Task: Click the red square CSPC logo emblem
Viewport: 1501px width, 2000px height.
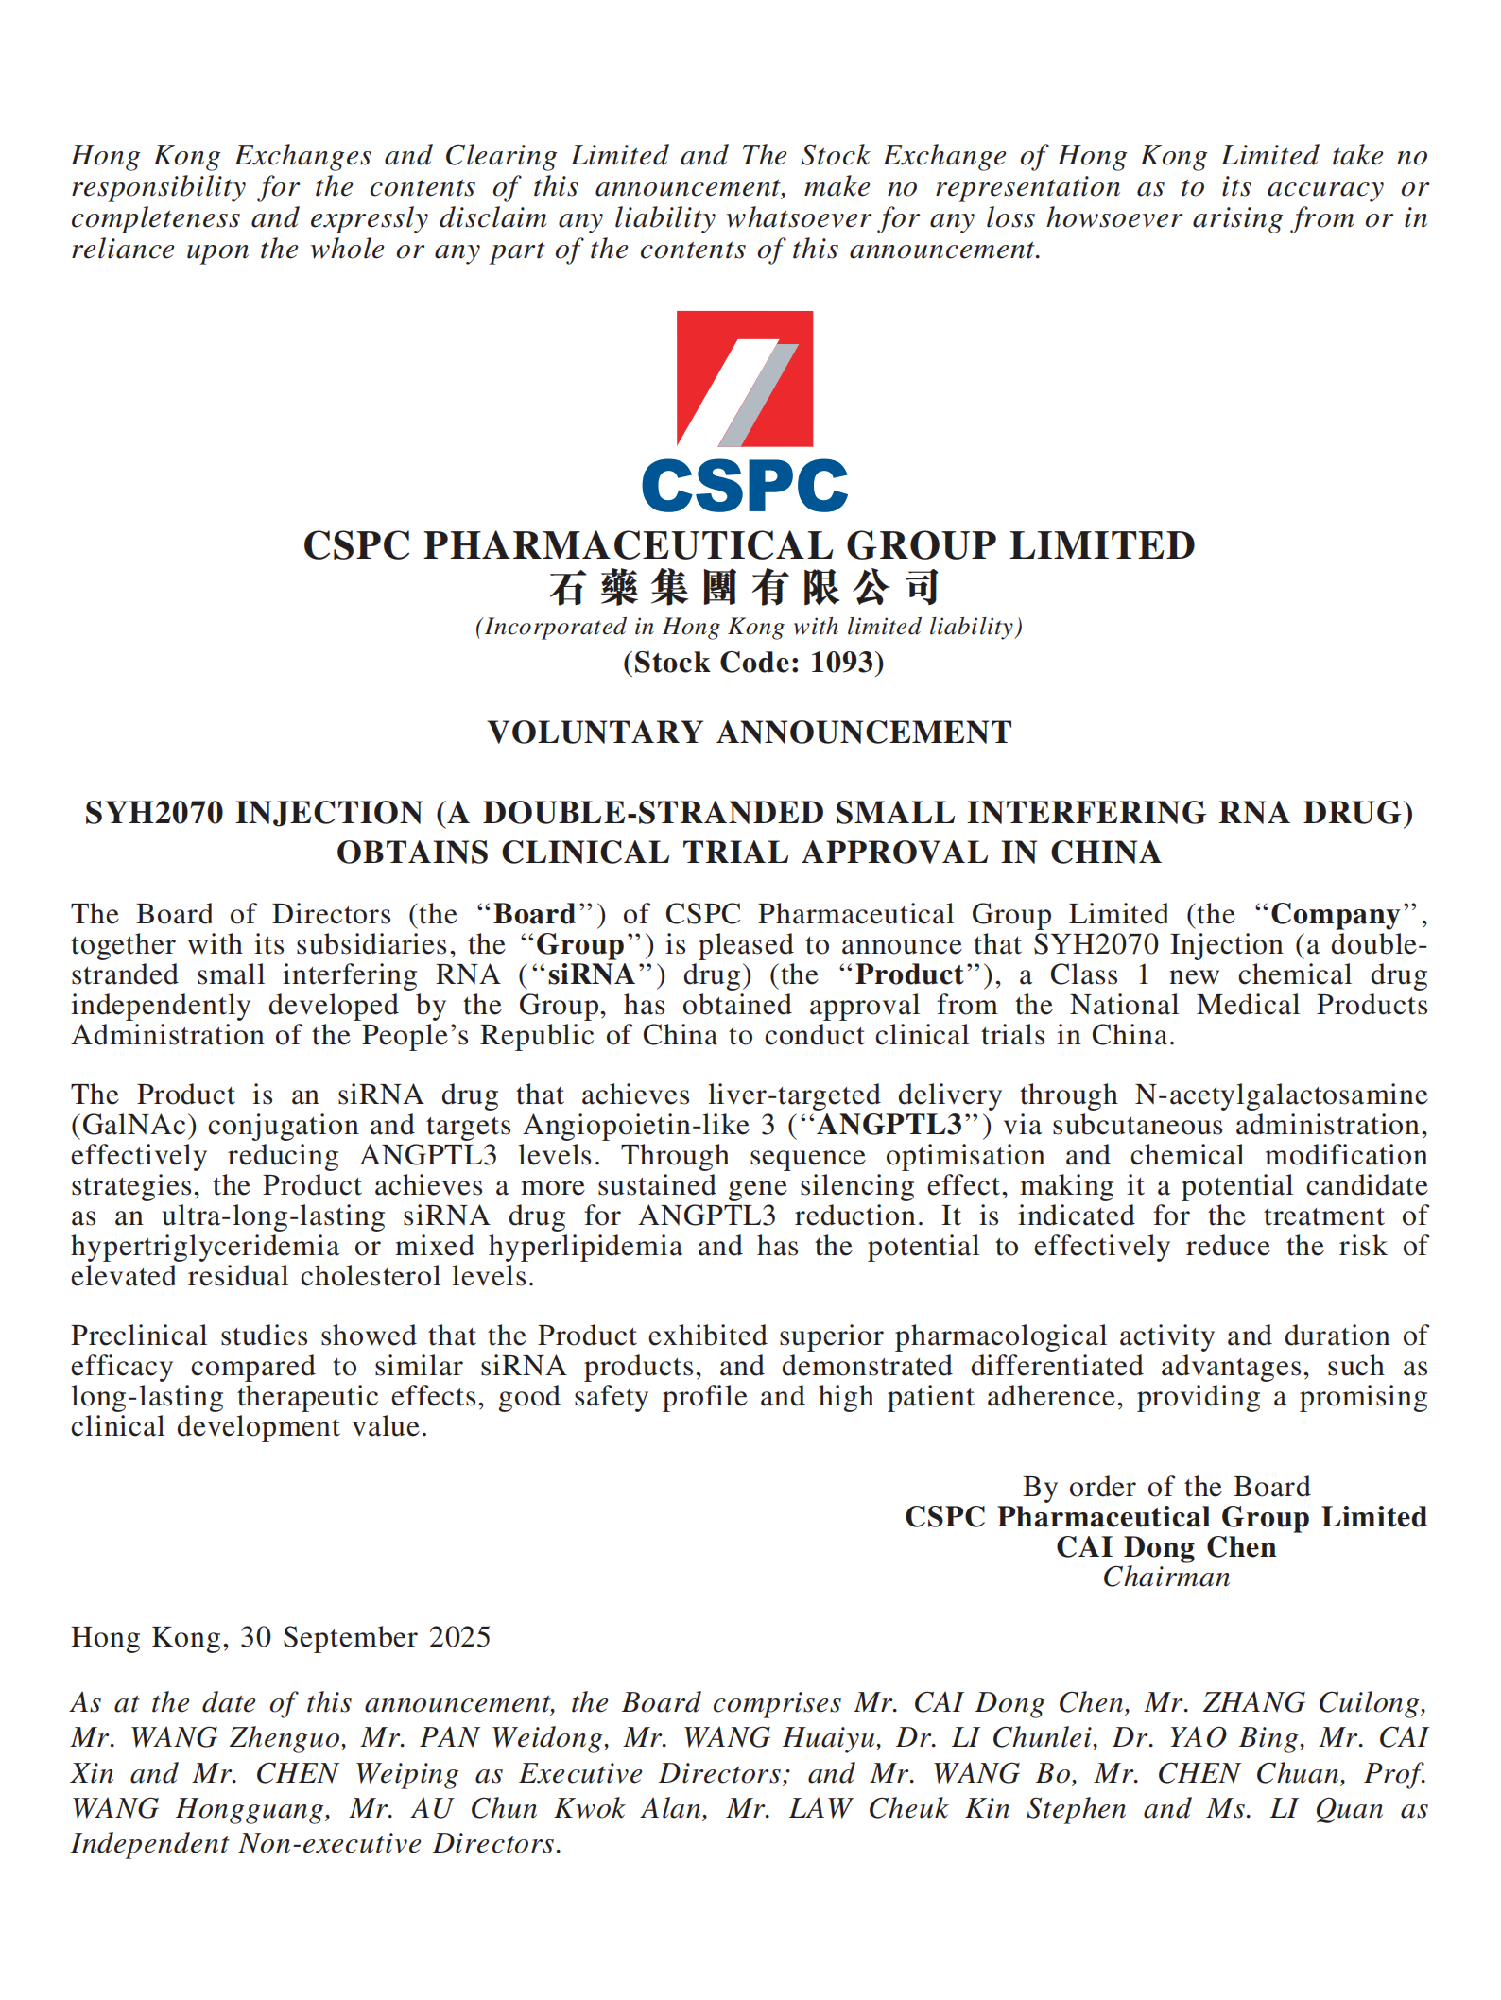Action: pyautogui.click(x=744, y=378)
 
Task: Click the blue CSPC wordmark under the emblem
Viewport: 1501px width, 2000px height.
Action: pyautogui.click(x=744, y=486)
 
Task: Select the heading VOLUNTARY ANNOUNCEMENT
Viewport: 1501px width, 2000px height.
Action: pyautogui.click(x=750, y=733)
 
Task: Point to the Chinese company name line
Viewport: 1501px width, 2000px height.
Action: pyautogui.click(x=744, y=588)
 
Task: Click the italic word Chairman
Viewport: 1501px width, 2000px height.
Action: pyautogui.click(x=1166, y=1578)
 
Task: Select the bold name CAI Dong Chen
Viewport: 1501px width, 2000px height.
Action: pyautogui.click(x=1166, y=1547)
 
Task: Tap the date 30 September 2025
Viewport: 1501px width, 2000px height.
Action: pyautogui.click(x=365, y=1637)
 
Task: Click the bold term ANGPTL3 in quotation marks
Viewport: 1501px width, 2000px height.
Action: pyautogui.click(x=889, y=1125)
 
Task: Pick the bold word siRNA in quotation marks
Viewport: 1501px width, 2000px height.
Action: pyautogui.click(x=591, y=974)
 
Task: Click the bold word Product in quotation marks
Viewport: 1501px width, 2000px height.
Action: pyautogui.click(x=909, y=974)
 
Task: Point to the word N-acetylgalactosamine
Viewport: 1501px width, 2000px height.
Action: pyautogui.click(x=1281, y=1095)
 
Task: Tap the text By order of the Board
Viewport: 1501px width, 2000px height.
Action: pyautogui.click(x=1166, y=1487)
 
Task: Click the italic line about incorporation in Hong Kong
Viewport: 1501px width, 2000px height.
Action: pyautogui.click(x=749, y=627)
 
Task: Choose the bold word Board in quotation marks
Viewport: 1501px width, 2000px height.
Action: pyautogui.click(x=535, y=914)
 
